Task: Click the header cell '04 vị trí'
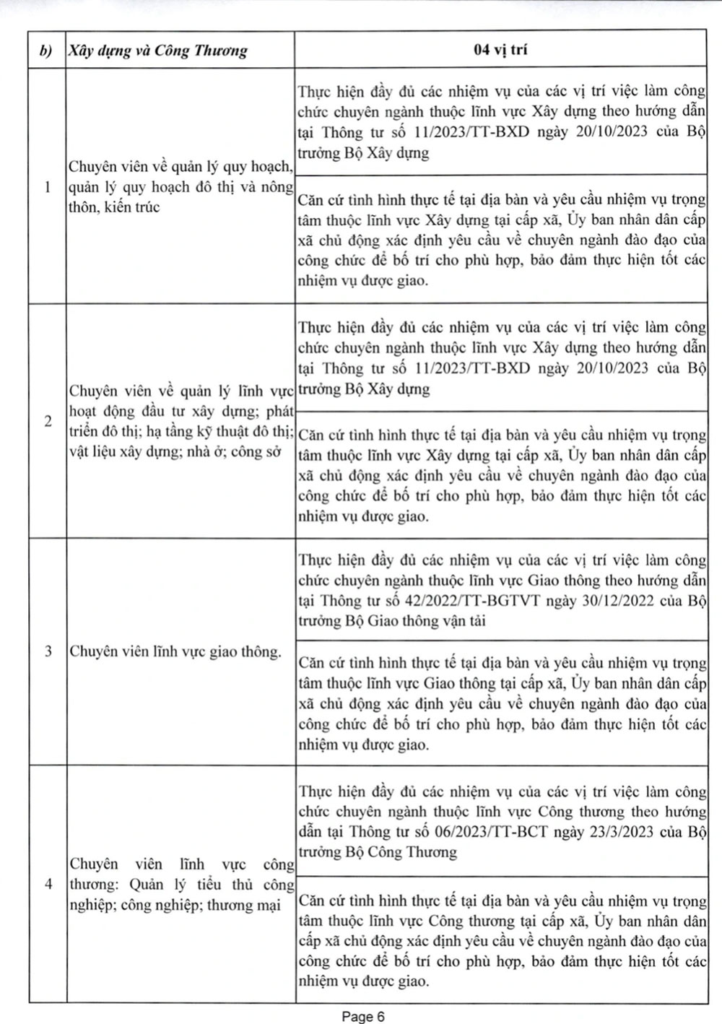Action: [500, 50]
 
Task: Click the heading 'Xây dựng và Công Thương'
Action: [157, 51]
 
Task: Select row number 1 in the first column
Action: [47, 187]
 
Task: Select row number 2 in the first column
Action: [48, 422]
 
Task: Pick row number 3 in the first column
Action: [48, 651]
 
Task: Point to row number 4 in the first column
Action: [48, 884]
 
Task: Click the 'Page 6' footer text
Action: [363, 1016]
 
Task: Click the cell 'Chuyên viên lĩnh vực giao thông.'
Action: [175, 651]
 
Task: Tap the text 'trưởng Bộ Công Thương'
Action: [378, 852]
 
